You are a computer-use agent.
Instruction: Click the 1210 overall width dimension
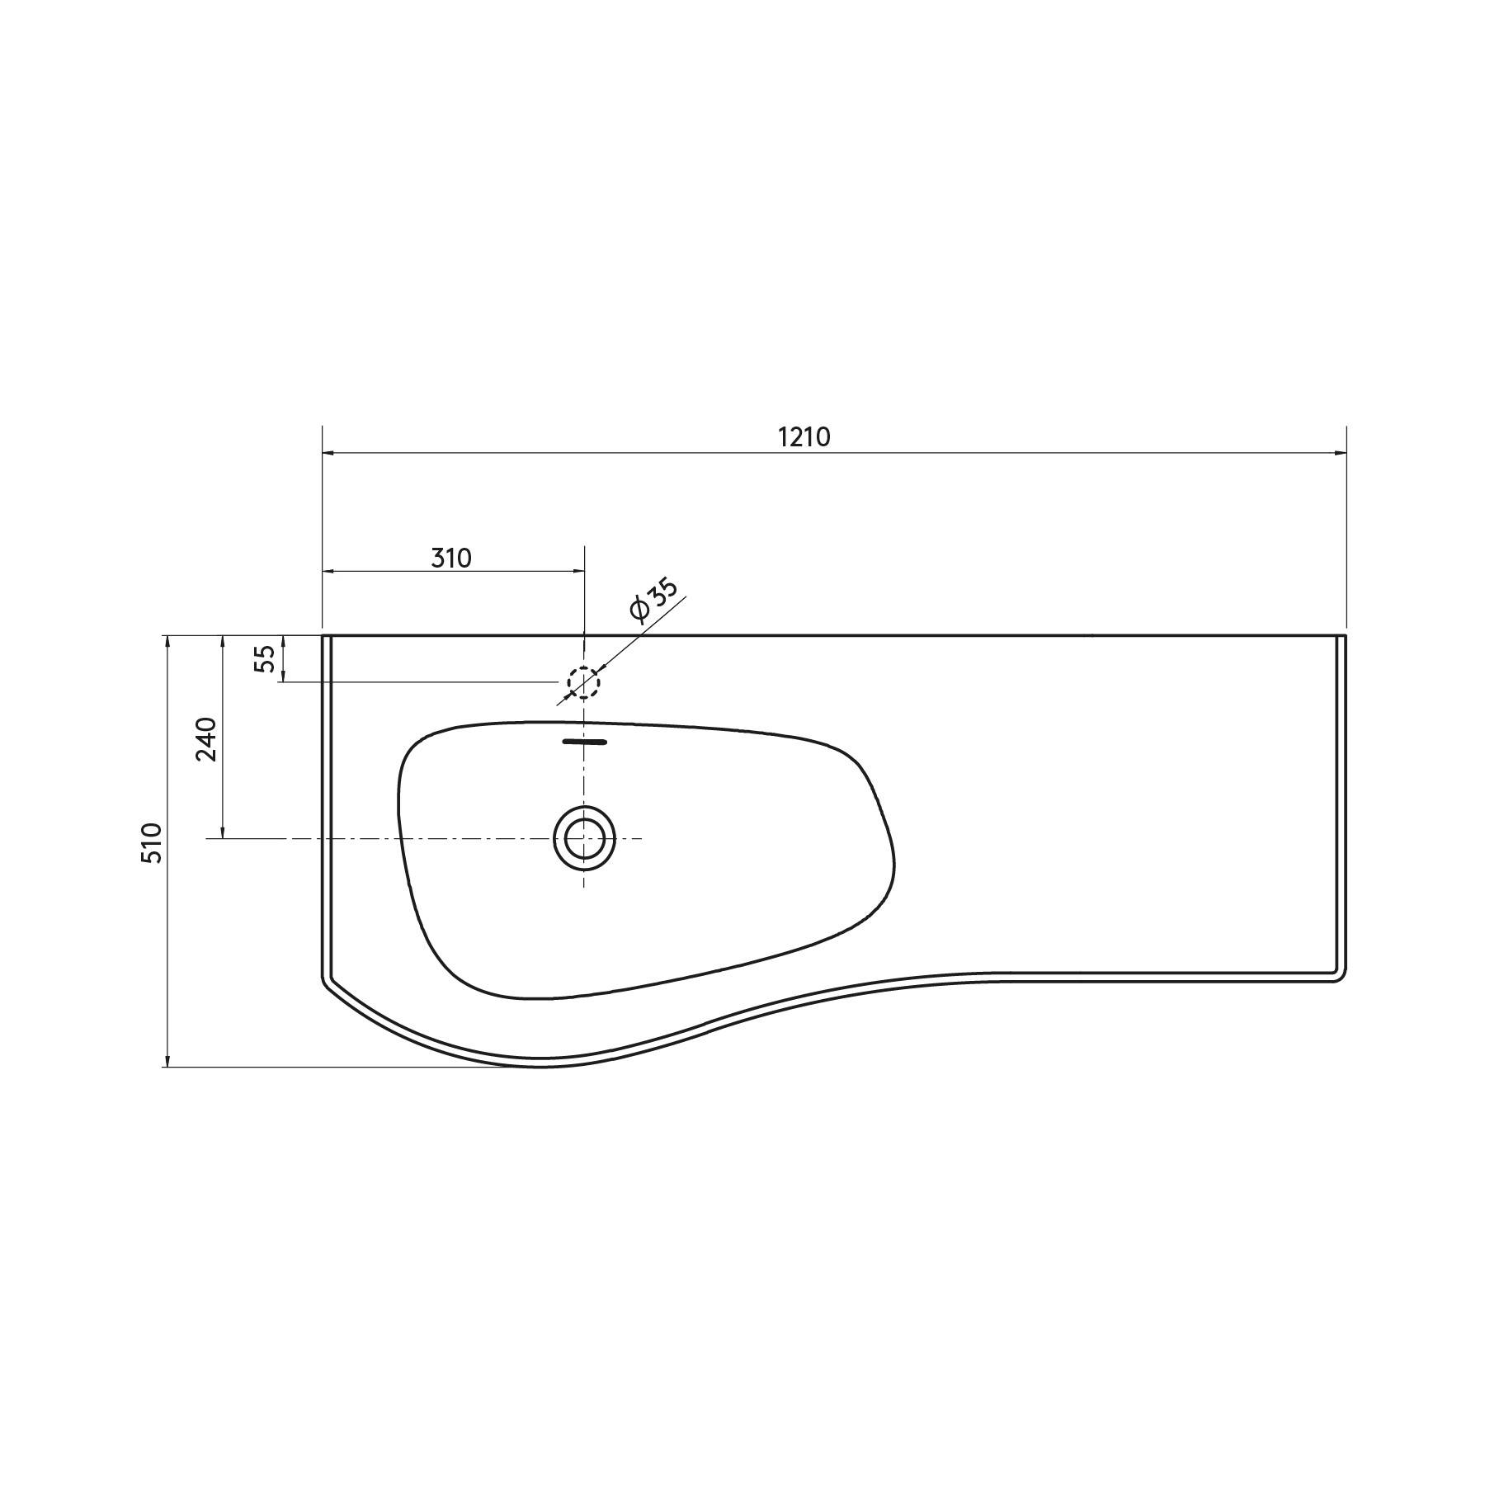tap(804, 437)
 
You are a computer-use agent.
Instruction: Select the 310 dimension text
tap(451, 559)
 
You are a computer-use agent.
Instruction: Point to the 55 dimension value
tap(264, 658)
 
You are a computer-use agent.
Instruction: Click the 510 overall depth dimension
tap(152, 843)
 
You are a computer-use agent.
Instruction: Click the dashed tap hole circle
tap(583, 682)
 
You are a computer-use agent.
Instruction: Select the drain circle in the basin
tap(584, 838)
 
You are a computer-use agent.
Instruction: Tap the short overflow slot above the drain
tap(584, 742)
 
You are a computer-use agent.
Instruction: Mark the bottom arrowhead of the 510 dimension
tap(167, 1060)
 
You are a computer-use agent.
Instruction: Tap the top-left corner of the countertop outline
tap(323, 636)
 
